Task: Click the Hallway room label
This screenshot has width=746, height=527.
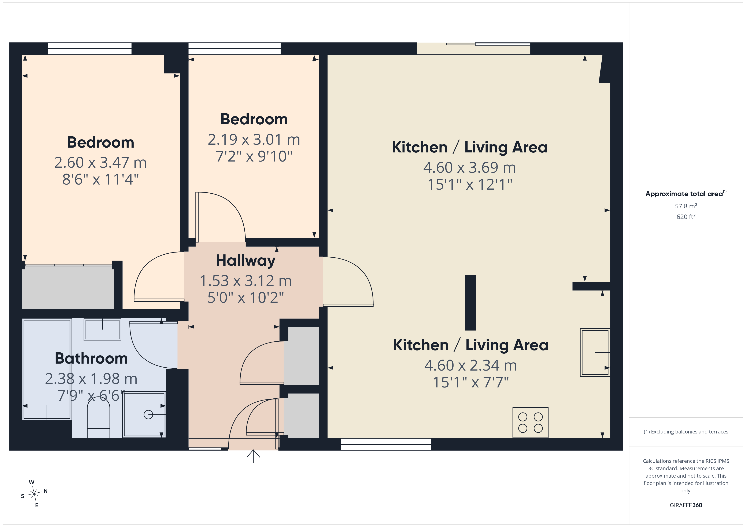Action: [246, 261]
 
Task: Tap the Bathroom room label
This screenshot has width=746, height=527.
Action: [91, 358]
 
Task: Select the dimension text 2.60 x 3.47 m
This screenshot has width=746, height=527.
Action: [100, 163]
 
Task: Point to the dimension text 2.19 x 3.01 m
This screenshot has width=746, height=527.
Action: [254, 140]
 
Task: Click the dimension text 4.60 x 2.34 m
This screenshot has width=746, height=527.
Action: [470, 365]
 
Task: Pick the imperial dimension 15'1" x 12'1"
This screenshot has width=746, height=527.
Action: [469, 184]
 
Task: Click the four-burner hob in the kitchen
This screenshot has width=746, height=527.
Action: [530, 422]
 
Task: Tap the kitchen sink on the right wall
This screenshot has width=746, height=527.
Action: [595, 352]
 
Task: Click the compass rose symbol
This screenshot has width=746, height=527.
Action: [34, 494]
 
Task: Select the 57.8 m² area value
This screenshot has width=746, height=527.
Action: [686, 206]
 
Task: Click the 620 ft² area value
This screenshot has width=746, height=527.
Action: [686, 216]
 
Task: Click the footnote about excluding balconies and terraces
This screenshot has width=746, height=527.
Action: [686, 432]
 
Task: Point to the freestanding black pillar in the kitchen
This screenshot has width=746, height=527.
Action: [470, 302]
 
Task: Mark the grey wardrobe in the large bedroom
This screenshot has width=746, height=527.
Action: [68, 288]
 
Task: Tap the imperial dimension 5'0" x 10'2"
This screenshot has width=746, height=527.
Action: [246, 297]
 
